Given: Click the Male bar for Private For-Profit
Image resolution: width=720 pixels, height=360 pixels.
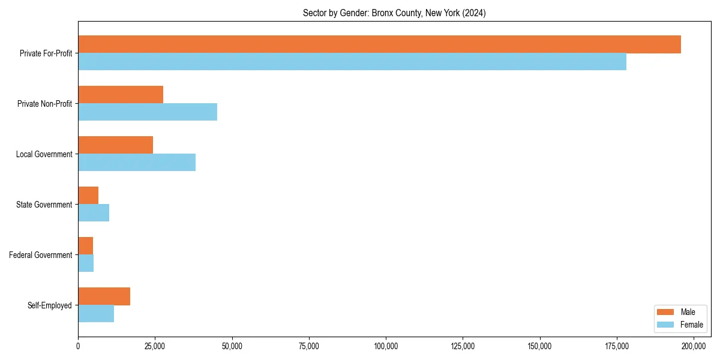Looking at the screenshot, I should pos(379,44).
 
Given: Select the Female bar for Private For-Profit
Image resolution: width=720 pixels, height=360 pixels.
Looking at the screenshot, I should pos(352,62).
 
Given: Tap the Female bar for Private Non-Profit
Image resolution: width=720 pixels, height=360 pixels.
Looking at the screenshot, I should pos(148,112).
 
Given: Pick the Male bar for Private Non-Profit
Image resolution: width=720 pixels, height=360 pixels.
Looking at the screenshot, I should pos(121,95).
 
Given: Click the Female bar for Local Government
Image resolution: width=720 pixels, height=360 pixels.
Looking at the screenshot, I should pos(137,163).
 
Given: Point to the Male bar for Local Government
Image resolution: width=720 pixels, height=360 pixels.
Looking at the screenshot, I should pos(115,145).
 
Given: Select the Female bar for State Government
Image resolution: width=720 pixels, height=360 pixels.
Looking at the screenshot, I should pos(94,213).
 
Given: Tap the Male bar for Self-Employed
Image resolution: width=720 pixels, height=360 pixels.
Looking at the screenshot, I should pos(104,296).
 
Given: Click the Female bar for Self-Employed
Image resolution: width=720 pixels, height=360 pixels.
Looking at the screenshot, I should pos(96,314).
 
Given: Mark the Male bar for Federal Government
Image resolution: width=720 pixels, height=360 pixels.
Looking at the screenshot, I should pos(85,246).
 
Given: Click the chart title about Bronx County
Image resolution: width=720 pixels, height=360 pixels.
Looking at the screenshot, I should pos(394,13).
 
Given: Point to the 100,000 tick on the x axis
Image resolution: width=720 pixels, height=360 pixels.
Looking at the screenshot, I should pos(386,346).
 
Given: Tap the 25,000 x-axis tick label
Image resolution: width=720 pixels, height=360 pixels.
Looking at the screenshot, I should pos(155,346).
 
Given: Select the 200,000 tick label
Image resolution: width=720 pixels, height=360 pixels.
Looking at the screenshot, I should pos(694,346).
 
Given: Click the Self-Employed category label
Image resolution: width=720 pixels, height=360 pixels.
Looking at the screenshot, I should pos(50,305).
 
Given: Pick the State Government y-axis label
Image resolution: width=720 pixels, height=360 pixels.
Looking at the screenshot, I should pos(44,205).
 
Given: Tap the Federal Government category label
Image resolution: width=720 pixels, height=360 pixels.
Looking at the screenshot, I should pos(41,255).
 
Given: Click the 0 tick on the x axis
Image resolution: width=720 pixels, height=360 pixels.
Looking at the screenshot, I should pos(78,346).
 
